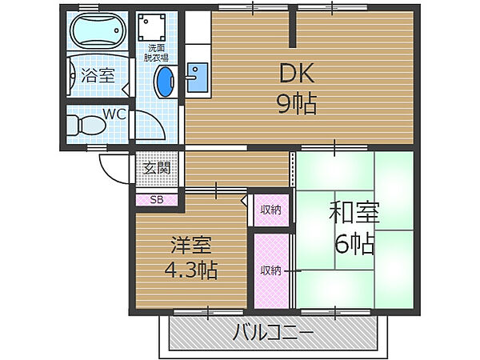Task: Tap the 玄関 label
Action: click(x=157, y=169)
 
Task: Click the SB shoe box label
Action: click(x=156, y=200)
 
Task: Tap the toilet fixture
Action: click(x=83, y=126)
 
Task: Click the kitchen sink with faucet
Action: click(x=196, y=78)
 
